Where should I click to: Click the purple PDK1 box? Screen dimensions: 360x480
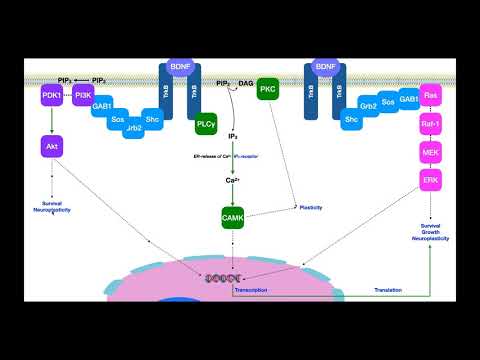coord(51,96)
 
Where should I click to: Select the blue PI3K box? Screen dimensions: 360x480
coord(82,96)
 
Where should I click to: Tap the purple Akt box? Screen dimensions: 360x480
coord(51,146)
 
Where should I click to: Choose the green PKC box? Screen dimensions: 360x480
coord(267,90)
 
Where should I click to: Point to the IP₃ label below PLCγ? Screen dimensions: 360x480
coord(232,134)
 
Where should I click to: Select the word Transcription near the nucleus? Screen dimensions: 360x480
coord(250,290)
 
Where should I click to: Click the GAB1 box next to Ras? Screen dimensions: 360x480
coord(409,100)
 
